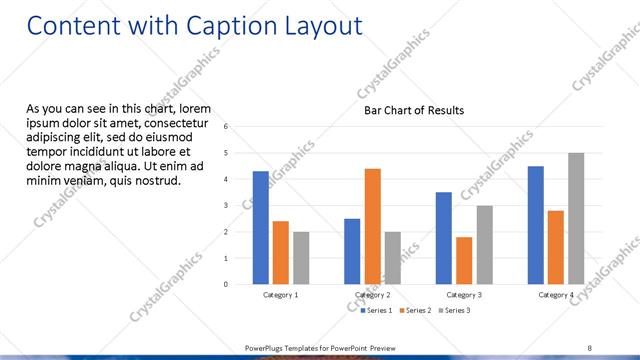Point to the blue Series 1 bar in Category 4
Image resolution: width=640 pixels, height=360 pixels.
point(536,225)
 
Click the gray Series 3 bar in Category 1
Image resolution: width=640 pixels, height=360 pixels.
point(301,258)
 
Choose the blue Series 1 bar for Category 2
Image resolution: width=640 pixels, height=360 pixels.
point(352,251)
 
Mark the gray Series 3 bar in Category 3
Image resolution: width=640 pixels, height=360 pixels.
point(484,245)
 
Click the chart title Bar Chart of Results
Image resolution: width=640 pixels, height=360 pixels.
point(414,111)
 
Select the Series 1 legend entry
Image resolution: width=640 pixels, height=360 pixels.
point(376,311)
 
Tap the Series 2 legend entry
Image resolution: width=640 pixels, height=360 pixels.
point(415,311)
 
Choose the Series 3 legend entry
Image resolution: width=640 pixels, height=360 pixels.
point(454,311)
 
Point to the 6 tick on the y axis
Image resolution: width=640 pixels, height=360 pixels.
point(227,127)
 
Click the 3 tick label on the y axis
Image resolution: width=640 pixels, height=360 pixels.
point(227,206)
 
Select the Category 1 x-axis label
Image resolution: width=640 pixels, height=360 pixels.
point(281,296)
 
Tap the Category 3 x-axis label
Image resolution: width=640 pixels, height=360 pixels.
point(464,296)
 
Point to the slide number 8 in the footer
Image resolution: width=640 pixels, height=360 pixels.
point(590,347)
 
